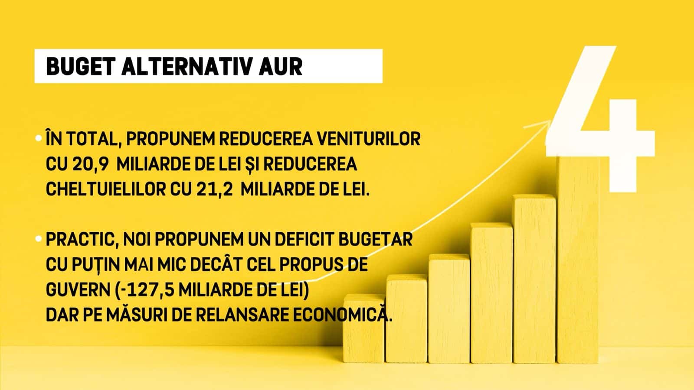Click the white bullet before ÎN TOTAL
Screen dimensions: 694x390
coord(39,138)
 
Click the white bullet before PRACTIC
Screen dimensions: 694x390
coord(39,239)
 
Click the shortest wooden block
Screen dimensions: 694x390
coord(364,329)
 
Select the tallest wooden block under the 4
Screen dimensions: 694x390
coord(578,260)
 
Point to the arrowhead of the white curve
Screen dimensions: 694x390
coord(549,121)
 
